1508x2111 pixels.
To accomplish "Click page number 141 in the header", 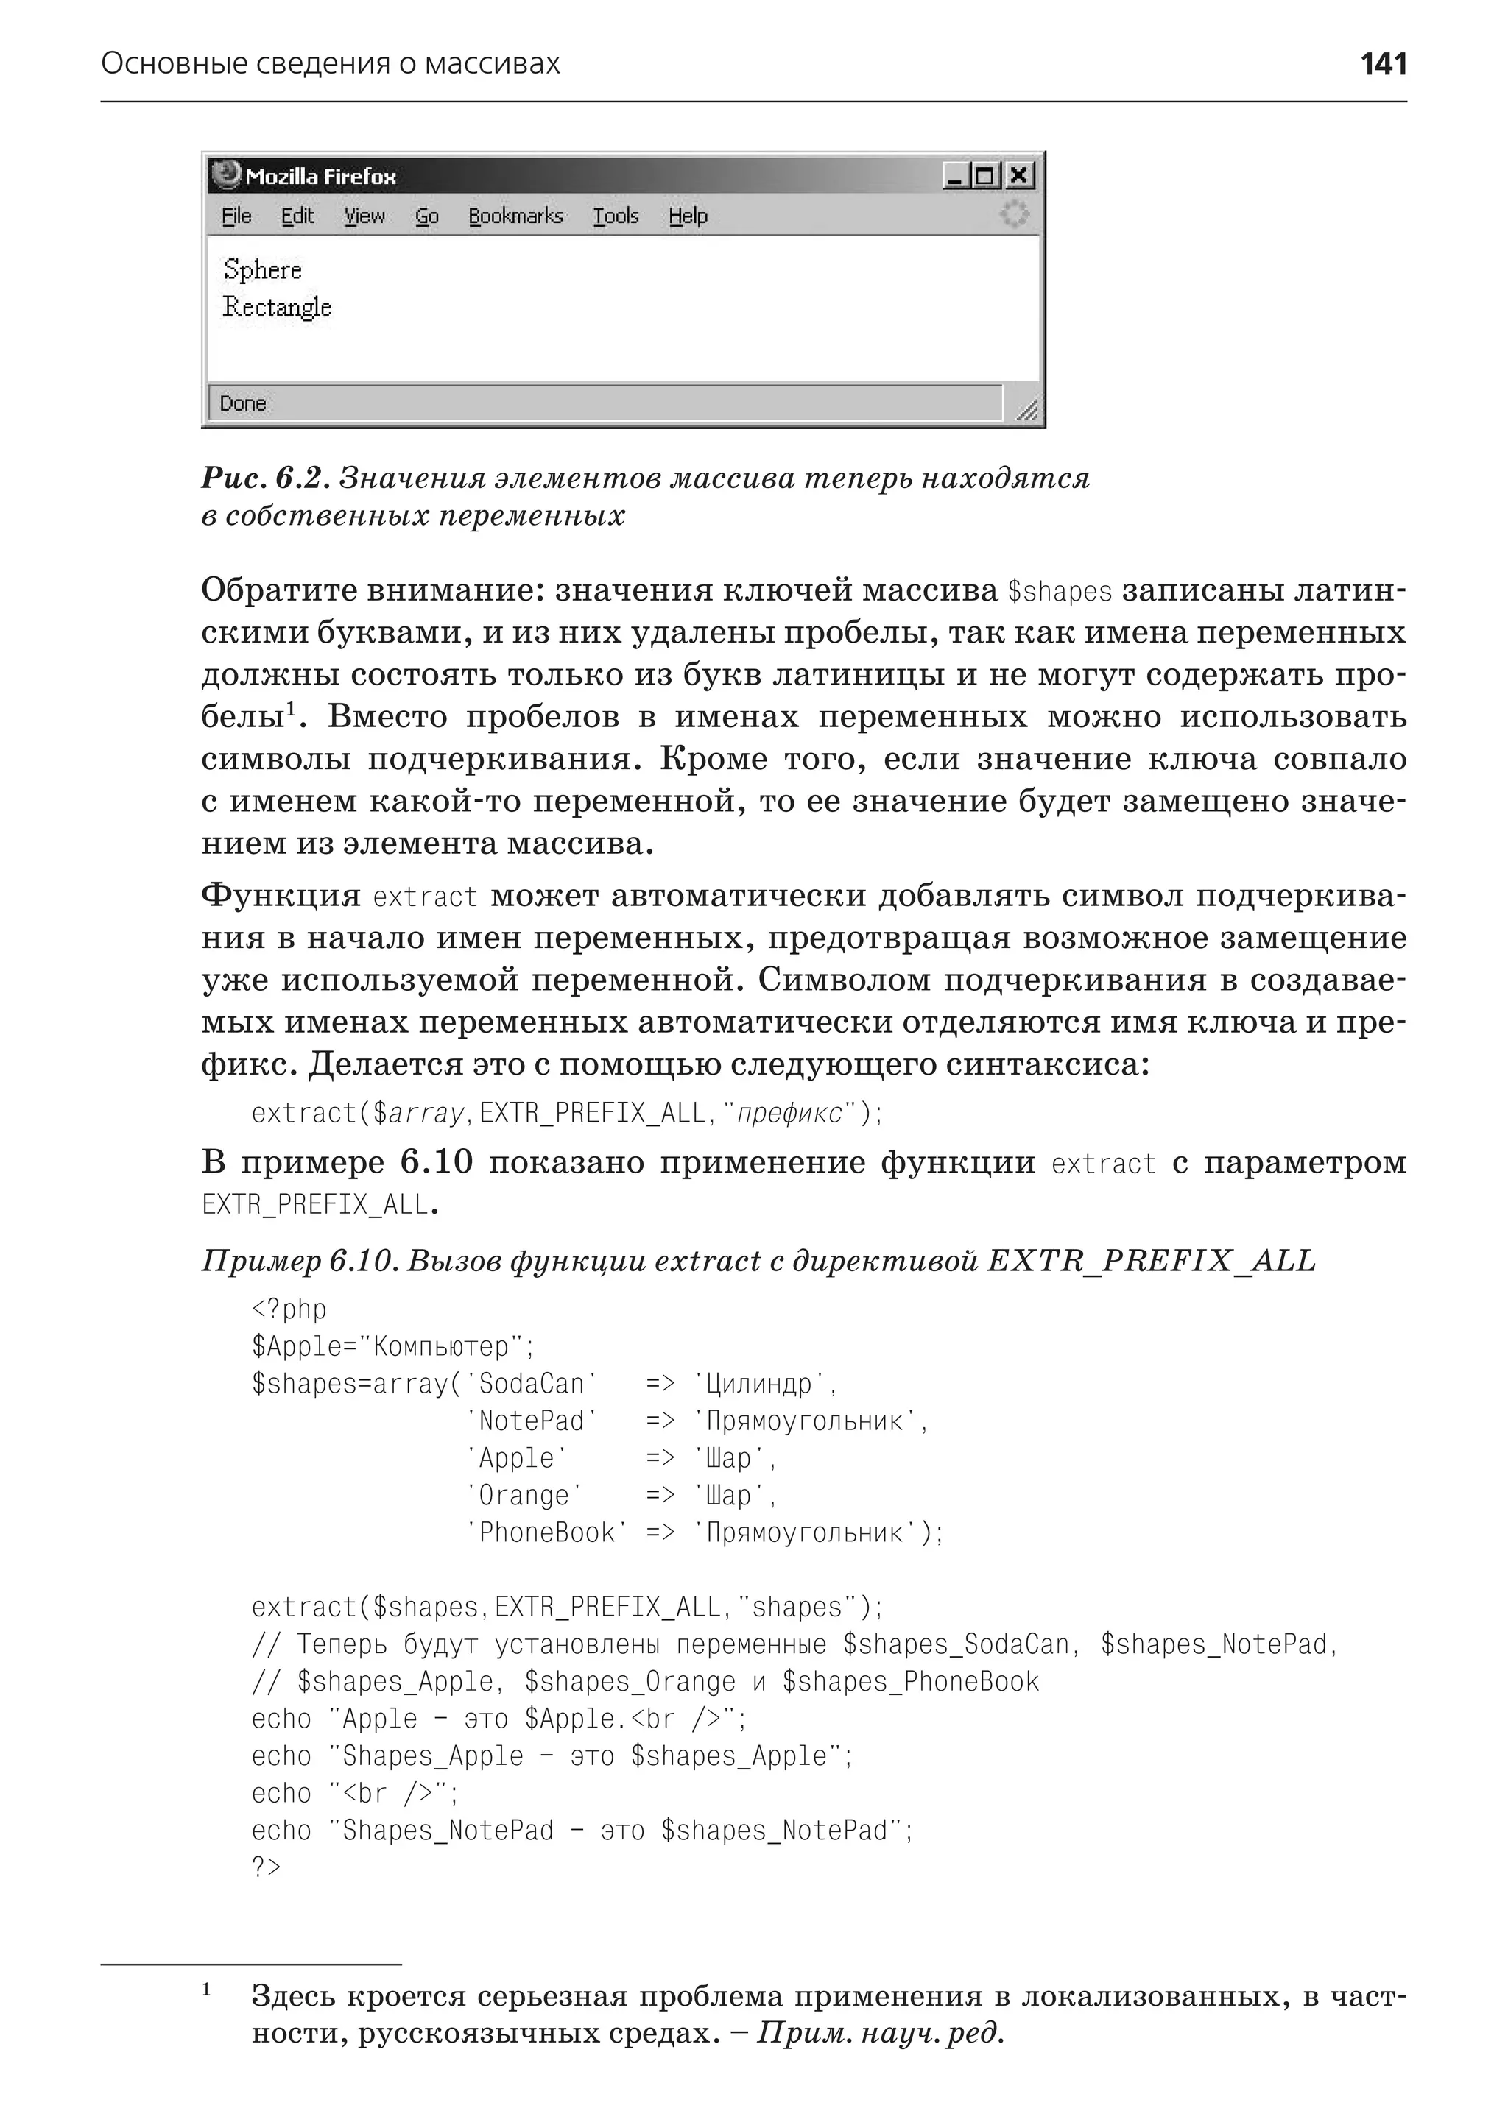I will tap(1383, 64).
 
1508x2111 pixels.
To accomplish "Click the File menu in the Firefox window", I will tap(236, 216).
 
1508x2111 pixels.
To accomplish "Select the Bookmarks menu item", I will tap(515, 216).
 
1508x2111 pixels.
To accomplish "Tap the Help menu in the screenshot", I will tap(687, 216).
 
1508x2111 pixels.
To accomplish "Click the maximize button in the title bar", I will tap(986, 174).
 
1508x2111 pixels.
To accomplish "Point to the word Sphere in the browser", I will tap(263, 270).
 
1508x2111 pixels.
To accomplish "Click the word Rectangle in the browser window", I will tap(277, 307).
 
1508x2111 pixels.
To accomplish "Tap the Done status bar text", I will tap(243, 404).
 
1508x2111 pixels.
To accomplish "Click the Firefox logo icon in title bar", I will tap(225, 174).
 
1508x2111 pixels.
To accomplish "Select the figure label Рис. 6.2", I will tap(264, 478).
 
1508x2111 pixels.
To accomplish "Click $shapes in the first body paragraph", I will tap(1060, 591).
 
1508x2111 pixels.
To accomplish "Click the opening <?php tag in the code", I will tap(289, 1309).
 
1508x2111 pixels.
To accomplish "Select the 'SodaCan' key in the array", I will tap(531, 1384).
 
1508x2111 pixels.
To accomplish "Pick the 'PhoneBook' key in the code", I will tap(546, 1532).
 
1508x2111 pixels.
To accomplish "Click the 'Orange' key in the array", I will tap(524, 1496).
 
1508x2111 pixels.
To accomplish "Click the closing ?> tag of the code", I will tap(266, 1867).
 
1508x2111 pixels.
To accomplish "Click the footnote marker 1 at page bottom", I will tap(206, 1990).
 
